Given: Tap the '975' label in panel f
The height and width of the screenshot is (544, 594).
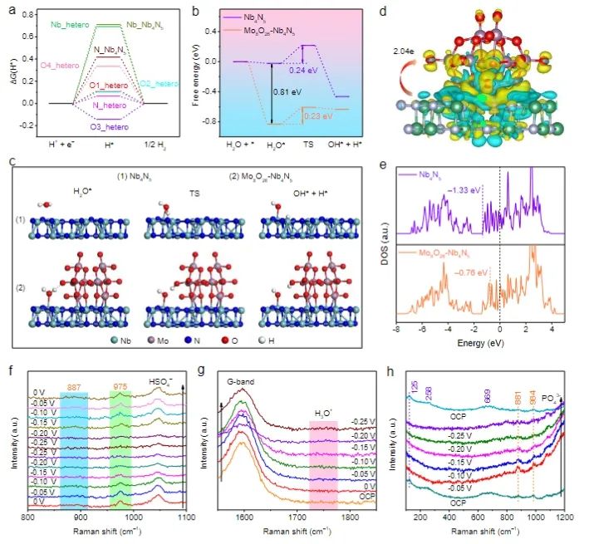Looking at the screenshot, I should click(x=121, y=386).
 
